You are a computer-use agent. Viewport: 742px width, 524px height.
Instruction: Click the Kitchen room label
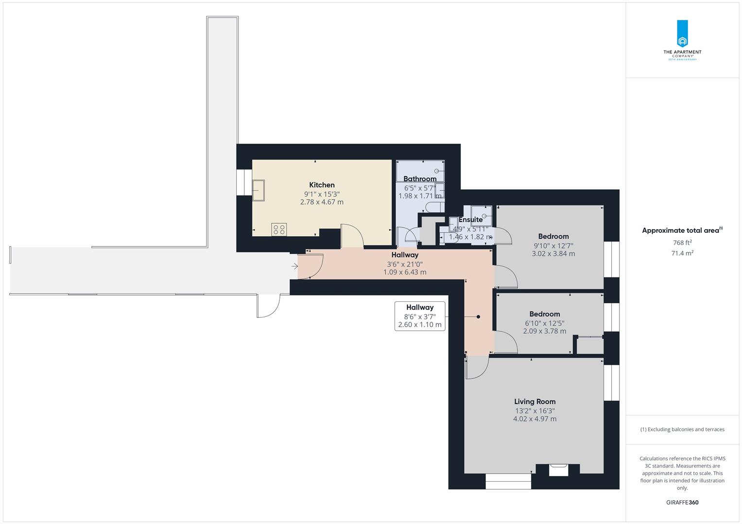pos(322,185)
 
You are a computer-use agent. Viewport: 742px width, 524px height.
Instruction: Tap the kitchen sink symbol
pos(258,190)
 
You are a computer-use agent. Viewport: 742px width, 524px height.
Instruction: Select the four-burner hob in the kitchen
pos(279,229)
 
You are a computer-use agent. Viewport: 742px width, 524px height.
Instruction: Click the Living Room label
pos(535,401)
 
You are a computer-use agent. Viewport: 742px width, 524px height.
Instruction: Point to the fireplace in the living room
pos(558,469)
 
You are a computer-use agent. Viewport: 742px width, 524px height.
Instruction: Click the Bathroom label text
pos(420,179)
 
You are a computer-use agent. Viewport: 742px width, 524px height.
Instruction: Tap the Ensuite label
pos(470,220)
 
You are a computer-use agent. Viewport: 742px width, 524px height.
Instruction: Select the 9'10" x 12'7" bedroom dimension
pos(553,245)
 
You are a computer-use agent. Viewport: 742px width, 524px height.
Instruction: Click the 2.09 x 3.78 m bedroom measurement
pos(544,331)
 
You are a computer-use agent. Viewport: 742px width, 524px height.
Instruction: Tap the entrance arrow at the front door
pos(295,266)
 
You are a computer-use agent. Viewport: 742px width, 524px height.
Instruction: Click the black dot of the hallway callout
pos(478,317)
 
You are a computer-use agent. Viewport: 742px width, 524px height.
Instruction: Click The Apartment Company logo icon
pos(682,34)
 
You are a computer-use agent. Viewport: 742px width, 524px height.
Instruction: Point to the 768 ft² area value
pos(682,243)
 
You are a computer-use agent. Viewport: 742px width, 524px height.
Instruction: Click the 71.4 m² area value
pos(682,253)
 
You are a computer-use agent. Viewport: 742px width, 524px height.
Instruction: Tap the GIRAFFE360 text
pos(682,503)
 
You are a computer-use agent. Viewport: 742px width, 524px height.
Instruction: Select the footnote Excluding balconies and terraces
pos(682,429)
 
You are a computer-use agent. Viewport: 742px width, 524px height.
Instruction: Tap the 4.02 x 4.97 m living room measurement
pos(535,419)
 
